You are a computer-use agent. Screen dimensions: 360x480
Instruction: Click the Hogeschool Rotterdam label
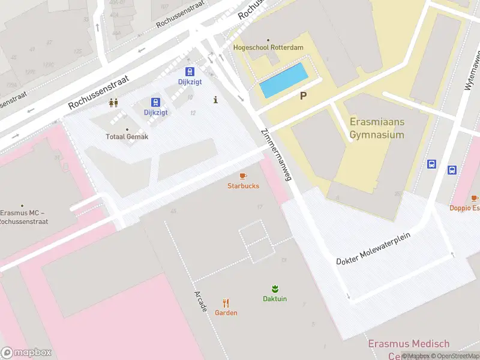coord(268,47)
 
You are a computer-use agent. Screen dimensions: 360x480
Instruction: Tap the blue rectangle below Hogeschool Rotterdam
coord(284,81)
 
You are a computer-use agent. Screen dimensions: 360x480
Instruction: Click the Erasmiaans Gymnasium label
coord(377,128)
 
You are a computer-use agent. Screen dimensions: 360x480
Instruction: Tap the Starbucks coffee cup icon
coord(243,176)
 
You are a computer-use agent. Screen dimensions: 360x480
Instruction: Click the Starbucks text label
coord(243,186)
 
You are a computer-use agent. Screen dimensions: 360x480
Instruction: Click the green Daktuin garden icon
coord(275,288)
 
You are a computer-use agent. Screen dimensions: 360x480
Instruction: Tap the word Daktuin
coord(275,299)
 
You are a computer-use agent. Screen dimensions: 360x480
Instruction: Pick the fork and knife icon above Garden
coord(226,303)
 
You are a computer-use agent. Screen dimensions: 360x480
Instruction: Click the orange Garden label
coord(226,313)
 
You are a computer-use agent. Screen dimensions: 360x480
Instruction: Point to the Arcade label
coord(200,301)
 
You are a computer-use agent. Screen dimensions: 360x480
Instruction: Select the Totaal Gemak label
coord(127,137)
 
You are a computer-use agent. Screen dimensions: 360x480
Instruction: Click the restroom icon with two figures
coord(113,103)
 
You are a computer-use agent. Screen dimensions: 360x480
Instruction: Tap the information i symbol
coord(215,100)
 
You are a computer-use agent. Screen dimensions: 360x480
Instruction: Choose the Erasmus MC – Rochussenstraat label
coord(23,217)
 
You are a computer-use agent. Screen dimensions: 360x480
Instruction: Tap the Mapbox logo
coord(26,353)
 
